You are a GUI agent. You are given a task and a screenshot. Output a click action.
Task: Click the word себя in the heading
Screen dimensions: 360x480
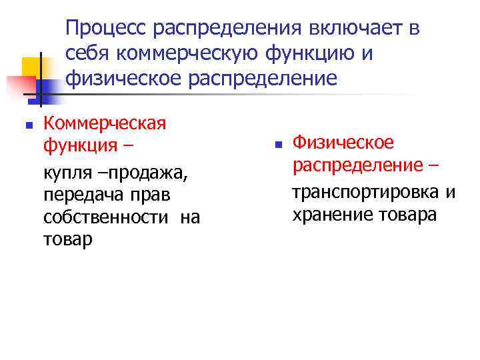click(85, 54)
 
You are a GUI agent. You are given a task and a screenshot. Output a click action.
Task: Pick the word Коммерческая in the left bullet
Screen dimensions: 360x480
click(104, 123)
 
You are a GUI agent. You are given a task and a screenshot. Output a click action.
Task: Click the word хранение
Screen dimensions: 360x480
click(329, 215)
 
